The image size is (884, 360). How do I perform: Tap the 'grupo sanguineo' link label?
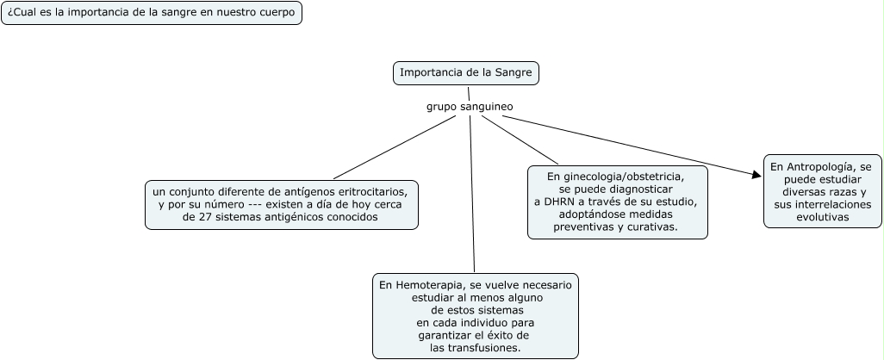(470, 107)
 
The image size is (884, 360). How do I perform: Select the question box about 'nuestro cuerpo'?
(152, 13)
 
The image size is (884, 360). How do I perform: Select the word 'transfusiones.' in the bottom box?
(476, 348)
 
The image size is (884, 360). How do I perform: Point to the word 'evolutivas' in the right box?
(822, 218)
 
